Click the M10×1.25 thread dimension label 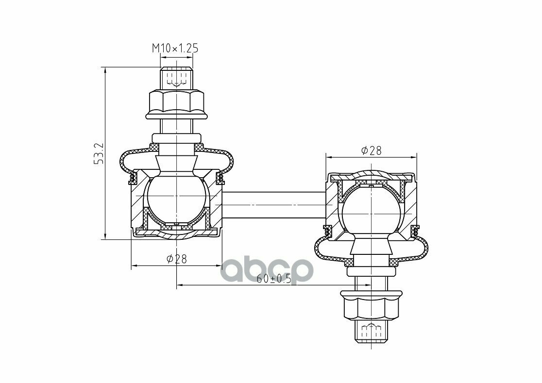point(175,49)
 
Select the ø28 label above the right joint point(371,150)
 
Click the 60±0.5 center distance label point(274,279)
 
